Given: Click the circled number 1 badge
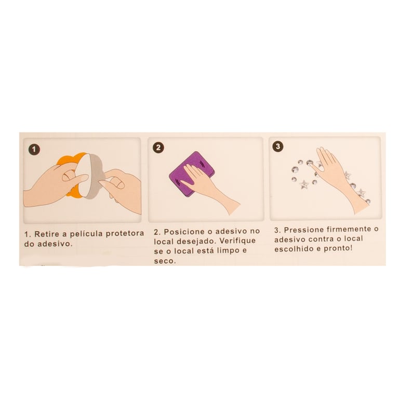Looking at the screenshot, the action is (34, 150).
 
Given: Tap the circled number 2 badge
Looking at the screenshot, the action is (158, 148).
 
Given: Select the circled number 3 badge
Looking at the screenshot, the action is (278, 147).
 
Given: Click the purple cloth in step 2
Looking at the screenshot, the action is (192, 174).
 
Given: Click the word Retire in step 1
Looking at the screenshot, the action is (47, 234).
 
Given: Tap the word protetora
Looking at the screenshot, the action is (125, 233).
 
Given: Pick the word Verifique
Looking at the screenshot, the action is (237, 241).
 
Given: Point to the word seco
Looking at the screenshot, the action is (165, 261).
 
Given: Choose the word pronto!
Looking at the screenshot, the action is (338, 248).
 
